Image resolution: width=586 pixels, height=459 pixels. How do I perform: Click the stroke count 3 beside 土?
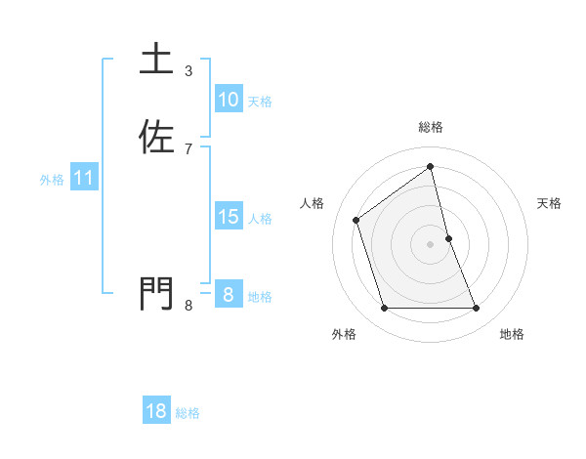188,71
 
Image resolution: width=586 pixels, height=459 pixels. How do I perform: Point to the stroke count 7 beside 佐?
188,149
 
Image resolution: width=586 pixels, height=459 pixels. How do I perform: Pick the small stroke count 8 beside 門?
188,306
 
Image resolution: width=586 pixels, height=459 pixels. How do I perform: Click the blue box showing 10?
229,100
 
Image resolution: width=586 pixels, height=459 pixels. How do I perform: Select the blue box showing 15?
229,217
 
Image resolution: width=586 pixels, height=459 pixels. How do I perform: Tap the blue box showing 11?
84,178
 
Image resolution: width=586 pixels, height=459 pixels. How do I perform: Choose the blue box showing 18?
156,411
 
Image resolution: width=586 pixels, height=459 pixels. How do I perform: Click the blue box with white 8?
229,295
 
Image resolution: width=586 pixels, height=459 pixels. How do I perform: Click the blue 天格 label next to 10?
260,102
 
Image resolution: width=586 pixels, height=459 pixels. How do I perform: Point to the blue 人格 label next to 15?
260,219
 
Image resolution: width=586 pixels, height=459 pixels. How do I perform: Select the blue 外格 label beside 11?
52,180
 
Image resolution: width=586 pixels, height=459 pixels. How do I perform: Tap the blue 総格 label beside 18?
188,413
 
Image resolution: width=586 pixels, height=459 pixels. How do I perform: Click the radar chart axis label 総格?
431,127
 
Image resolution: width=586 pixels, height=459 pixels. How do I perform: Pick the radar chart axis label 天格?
550,203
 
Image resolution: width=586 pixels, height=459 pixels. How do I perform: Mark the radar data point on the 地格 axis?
477,309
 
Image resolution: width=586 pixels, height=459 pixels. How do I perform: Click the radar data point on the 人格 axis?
356,220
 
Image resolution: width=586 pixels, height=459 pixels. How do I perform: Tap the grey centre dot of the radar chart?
431,244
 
